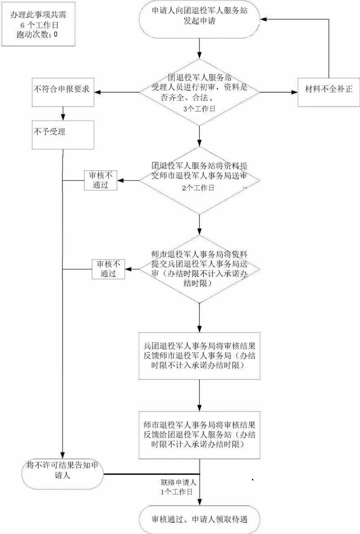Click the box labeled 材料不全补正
pos(328,92)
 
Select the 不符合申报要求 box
pos(63,92)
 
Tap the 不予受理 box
pos(63,135)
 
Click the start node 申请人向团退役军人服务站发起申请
pos(200,19)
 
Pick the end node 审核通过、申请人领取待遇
pos(200,520)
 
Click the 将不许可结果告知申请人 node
pos(63,475)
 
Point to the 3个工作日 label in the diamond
pos(199,109)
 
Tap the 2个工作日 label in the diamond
pos(198,188)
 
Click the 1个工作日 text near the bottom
pos(176,492)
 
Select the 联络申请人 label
pos(179,482)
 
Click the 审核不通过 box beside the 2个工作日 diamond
pos(100,180)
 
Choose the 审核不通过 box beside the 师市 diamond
pos(108,269)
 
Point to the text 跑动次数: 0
pos(37,34)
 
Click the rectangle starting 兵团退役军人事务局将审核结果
pos(200,356)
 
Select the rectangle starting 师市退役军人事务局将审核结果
pos(200,435)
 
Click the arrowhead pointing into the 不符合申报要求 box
pos(97,92)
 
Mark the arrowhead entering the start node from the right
pos(264,19)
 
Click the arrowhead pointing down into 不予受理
pos(63,117)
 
